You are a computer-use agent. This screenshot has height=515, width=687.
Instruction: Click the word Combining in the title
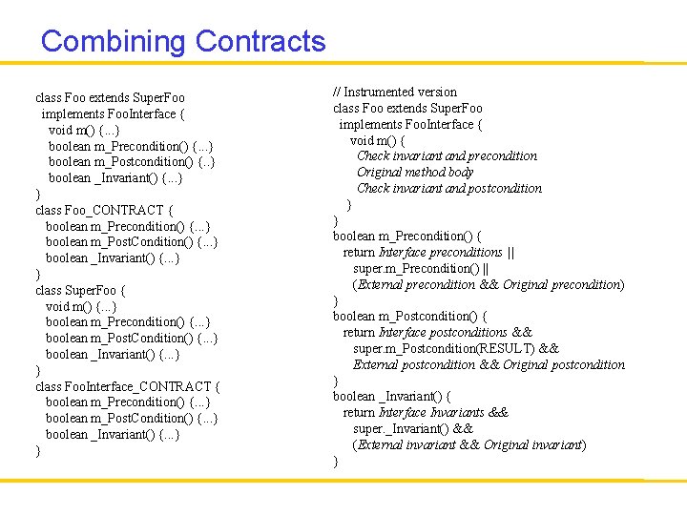(114, 42)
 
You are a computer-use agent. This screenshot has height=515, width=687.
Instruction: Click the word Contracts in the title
(260, 42)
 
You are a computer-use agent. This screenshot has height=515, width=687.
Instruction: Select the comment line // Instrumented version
(395, 92)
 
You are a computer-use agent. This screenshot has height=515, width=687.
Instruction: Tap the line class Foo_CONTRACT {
(104, 210)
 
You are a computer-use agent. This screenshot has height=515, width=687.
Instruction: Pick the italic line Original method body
(415, 172)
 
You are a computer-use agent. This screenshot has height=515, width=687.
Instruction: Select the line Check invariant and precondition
(447, 155)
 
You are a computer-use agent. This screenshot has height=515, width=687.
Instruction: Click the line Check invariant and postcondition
(449, 188)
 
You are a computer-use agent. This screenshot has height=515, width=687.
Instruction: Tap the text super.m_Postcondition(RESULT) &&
(455, 348)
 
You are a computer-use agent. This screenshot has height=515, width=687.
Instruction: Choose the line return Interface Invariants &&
(426, 412)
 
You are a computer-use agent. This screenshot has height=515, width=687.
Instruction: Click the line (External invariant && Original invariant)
(468, 444)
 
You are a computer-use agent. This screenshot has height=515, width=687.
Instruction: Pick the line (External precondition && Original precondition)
(488, 284)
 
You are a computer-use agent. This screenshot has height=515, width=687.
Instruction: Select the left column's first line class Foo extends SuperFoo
(110, 97)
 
